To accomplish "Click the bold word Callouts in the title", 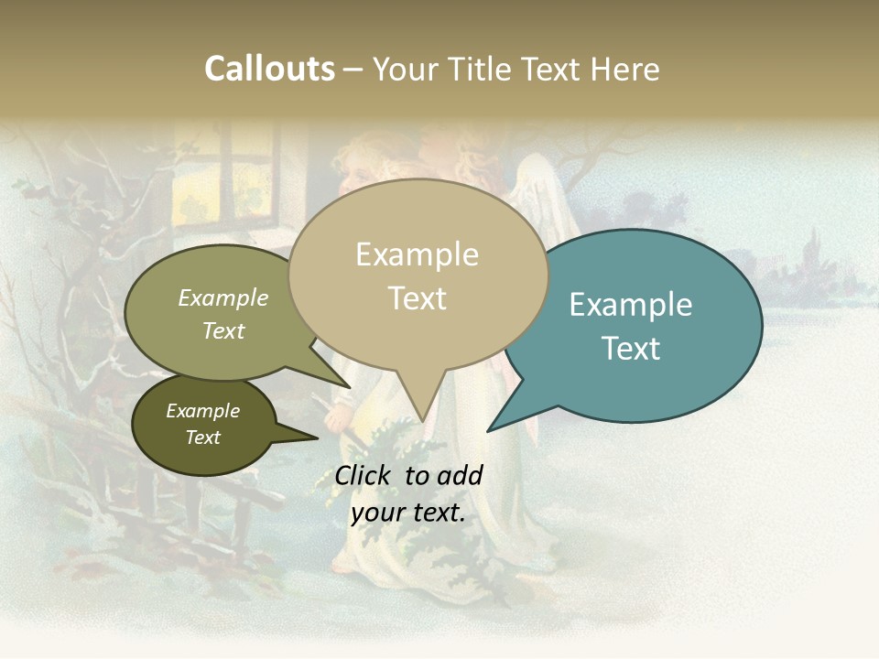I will click(x=269, y=69).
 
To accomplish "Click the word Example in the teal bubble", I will click(x=631, y=305).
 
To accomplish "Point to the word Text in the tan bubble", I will click(x=418, y=298).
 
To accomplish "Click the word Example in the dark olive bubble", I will click(x=202, y=411).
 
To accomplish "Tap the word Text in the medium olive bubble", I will click(x=222, y=330).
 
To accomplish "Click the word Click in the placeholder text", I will click(x=364, y=475).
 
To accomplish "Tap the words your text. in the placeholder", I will click(x=408, y=513).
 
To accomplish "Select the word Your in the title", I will click(x=405, y=69).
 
